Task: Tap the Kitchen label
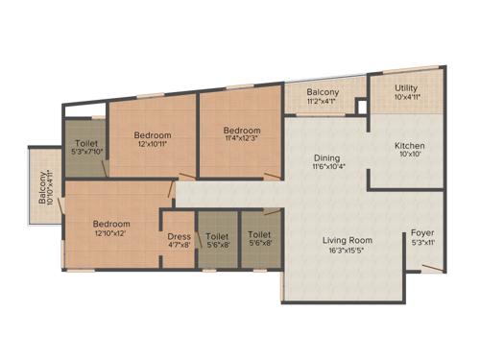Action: (410, 147)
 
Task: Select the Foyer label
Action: (422, 233)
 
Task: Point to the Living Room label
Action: (348, 240)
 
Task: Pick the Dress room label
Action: (180, 235)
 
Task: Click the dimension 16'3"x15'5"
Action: (348, 252)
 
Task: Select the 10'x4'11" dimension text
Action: (408, 97)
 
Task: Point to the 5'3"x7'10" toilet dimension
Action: (85, 156)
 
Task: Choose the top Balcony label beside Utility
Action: (323, 92)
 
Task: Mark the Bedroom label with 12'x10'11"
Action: (153, 135)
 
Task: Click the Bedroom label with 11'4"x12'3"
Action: (242, 132)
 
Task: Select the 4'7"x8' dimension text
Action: (180, 246)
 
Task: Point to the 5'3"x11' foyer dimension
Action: (422, 244)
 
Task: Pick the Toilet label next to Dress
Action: (218, 235)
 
